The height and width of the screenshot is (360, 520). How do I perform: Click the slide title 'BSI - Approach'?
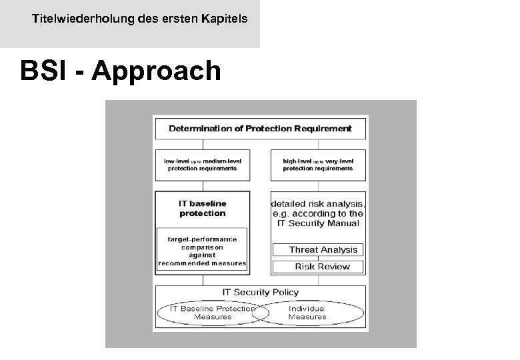point(120,71)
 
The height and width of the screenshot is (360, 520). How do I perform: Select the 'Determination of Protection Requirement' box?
point(260,127)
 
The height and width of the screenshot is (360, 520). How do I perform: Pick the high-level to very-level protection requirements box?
point(318,165)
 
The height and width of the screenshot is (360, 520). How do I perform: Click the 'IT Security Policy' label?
point(260,292)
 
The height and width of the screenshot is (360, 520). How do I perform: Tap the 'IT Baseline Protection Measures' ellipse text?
point(212,313)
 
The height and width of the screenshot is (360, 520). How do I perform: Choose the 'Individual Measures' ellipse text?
point(307,313)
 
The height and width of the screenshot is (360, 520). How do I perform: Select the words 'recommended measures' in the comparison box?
point(202,263)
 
